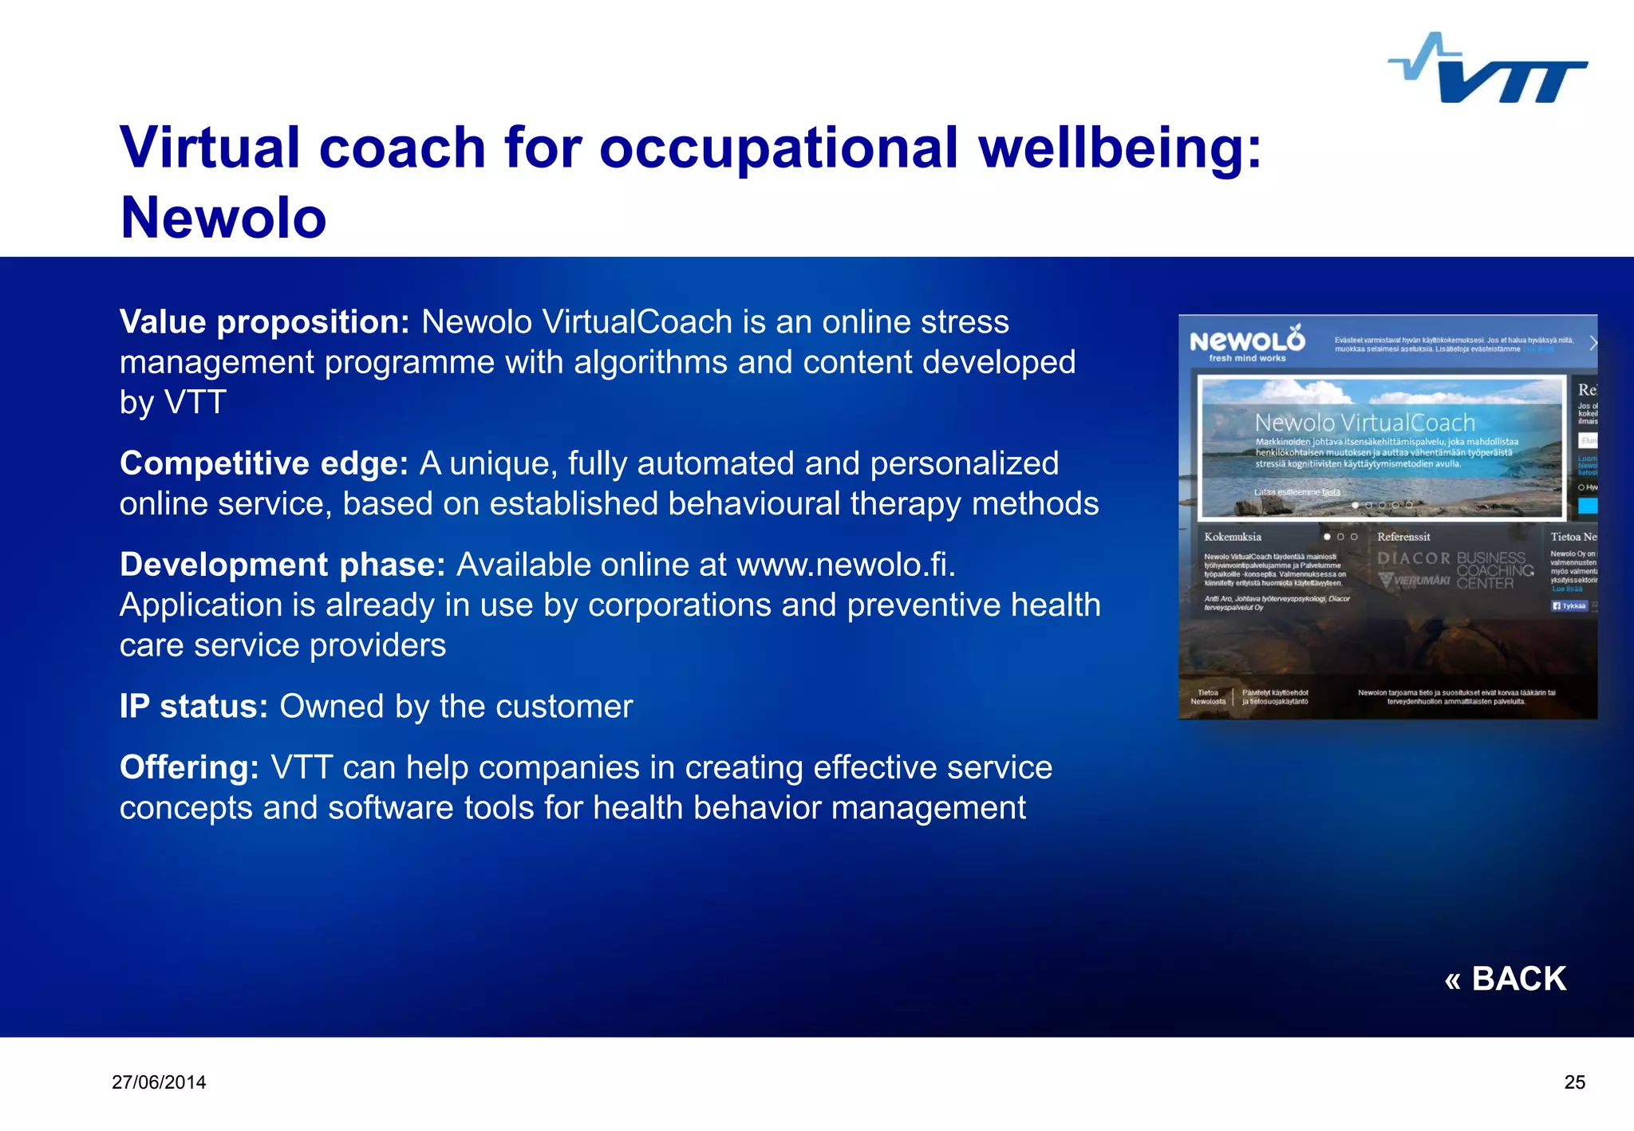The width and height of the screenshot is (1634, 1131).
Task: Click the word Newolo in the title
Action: (x=223, y=218)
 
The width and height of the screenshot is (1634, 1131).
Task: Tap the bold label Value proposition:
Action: (x=264, y=322)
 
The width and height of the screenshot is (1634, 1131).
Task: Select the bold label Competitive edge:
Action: (x=264, y=463)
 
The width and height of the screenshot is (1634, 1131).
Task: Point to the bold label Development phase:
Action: (x=282, y=565)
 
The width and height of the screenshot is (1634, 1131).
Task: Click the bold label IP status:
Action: (x=194, y=707)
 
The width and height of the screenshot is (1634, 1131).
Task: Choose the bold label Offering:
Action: (x=189, y=767)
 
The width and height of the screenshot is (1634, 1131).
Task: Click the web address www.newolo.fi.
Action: (x=845, y=565)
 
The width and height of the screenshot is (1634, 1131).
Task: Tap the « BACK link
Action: (x=1505, y=979)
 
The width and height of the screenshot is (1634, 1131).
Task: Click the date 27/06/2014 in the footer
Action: (x=159, y=1082)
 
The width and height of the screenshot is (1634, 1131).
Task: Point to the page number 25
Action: (x=1574, y=1082)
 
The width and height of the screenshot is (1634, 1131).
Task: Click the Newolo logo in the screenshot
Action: (x=1247, y=344)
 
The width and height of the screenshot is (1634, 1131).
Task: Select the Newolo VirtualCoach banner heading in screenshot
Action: (x=1364, y=423)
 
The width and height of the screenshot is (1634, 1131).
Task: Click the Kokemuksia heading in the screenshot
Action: (x=1233, y=537)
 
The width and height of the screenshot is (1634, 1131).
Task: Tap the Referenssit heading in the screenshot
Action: (x=1403, y=537)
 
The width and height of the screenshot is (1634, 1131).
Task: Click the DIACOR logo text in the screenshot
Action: (x=1413, y=558)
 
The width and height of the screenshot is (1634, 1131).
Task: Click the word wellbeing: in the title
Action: (x=1120, y=148)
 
